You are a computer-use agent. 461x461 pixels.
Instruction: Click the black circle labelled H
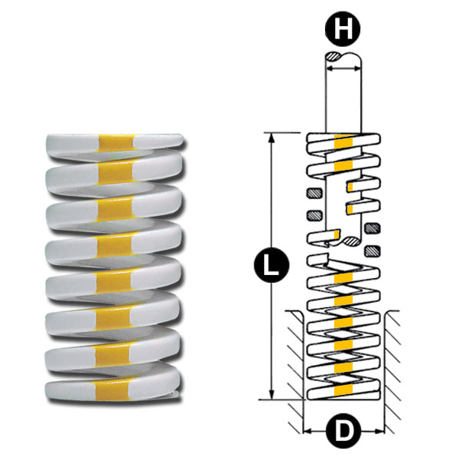click(x=343, y=29)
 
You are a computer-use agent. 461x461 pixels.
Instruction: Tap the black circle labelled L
click(x=270, y=267)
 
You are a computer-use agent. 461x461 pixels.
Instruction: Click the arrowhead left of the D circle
click(x=308, y=429)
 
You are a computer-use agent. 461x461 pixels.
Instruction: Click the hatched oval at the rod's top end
click(x=337, y=57)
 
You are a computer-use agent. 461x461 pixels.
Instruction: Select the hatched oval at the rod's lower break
click(x=351, y=242)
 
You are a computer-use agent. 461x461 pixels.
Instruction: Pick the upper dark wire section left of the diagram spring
click(x=313, y=192)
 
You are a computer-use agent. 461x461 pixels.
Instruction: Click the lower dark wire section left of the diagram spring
click(x=313, y=214)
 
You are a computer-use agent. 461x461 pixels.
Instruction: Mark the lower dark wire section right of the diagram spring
click(x=373, y=250)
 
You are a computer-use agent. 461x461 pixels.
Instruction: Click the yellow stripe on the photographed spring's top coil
click(x=117, y=142)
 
